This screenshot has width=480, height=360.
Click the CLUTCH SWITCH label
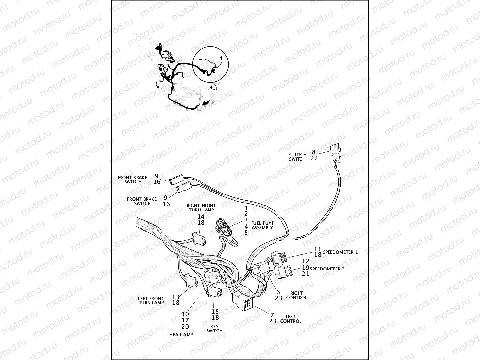click(298, 157)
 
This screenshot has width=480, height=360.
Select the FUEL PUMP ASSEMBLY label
click(263, 225)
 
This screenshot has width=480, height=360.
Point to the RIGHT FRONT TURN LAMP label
click(201, 207)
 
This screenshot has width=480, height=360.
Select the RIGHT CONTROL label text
click(297, 295)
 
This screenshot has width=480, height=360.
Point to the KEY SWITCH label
click(214, 328)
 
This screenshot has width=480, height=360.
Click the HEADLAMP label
click(181, 334)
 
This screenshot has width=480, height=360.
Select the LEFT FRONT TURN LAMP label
click(151, 300)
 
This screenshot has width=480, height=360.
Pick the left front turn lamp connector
click(189, 282)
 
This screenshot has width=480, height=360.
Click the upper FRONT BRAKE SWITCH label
click(129, 179)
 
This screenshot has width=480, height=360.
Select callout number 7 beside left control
click(271, 314)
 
